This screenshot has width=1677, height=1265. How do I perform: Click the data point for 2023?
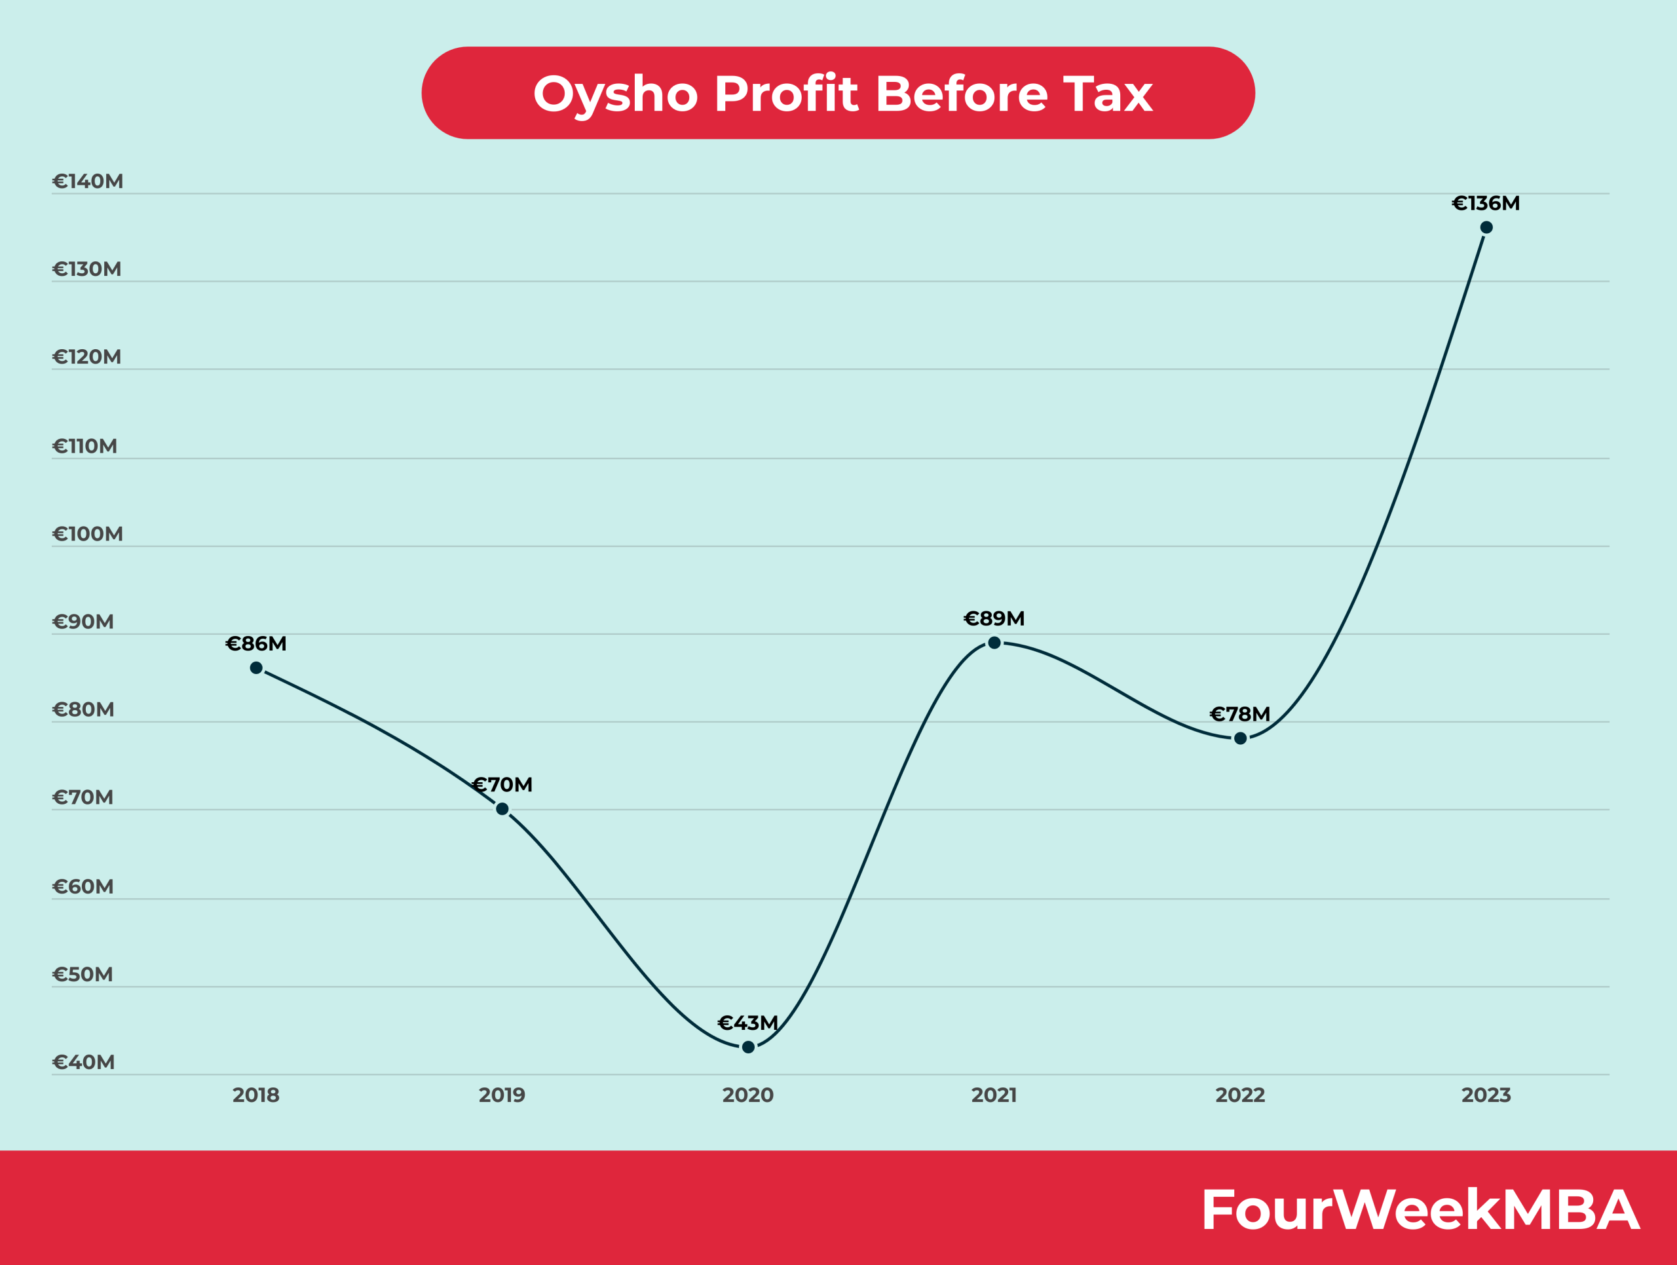pyautogui.click(x=1486, y=227)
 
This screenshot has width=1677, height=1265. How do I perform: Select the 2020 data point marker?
pyautogui.click(x=748, y=1047)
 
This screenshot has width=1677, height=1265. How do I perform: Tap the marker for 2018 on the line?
pyautogui.click(x=256, y=668)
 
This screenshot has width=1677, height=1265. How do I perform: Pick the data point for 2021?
pyautogui.click(x=994, y=643)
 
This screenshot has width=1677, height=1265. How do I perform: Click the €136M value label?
pyautogui.click(x=1485, y=203)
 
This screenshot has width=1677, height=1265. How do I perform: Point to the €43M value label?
pyautogui.click(x=747, y=1023)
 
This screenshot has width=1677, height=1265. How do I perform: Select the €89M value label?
pyautogui.click(x=994, y=618)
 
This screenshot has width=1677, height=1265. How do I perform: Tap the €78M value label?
pyautogui.click(x=1239, y=714)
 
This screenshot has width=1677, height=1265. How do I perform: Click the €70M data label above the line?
pyautogui.click(x=502, y=784)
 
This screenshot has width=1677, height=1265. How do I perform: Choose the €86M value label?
pyautogui.click(x=256, y=643)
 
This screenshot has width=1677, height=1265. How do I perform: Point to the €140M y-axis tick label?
pyautogui.click(x=87, y=181)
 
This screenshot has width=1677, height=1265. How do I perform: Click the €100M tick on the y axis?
pyautogui.click(x=87, y=534)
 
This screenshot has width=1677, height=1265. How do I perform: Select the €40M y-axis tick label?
pyautogui.click(x=83, y=1062)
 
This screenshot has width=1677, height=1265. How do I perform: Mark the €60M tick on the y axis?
pyautogui.click(x=83, y=886)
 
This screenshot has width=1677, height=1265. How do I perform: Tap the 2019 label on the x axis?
pyautogui.click(x=502, y=1095)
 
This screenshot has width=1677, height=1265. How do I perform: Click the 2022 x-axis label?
pyautogui.click(x=1240, y=1095)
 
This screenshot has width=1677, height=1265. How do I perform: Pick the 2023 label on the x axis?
pyautogui.click(x=1486, y=1095)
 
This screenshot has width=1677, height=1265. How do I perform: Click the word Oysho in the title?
pyautogui.click(x=615, y=95)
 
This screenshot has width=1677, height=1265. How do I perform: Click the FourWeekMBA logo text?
pyautogui.click(x=1421, y=1210)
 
